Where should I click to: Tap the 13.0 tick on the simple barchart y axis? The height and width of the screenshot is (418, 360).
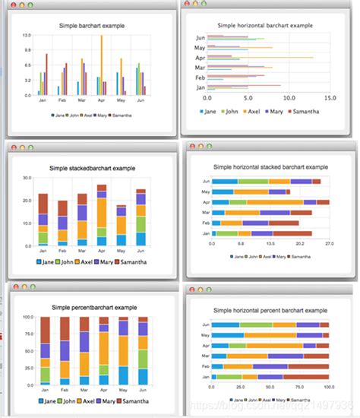coord(26,35)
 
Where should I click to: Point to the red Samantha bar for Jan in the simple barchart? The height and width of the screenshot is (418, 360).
coord(46,74)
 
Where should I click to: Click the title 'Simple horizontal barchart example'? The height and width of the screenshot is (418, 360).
coord(264,25)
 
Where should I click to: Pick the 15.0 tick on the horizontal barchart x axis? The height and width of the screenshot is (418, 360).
coord(330,97)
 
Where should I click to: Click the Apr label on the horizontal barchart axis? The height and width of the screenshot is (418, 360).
coord(201,58)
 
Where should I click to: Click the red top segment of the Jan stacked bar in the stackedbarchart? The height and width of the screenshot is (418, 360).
coord(43,203)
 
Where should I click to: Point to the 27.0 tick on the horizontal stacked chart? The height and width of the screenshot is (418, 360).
coord(329,245)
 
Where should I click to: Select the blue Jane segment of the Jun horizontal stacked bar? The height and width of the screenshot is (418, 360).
coord(225,182)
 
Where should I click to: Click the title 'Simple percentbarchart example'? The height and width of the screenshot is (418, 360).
coord(94,307)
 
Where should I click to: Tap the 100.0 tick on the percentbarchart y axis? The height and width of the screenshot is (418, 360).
coord(24,317)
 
